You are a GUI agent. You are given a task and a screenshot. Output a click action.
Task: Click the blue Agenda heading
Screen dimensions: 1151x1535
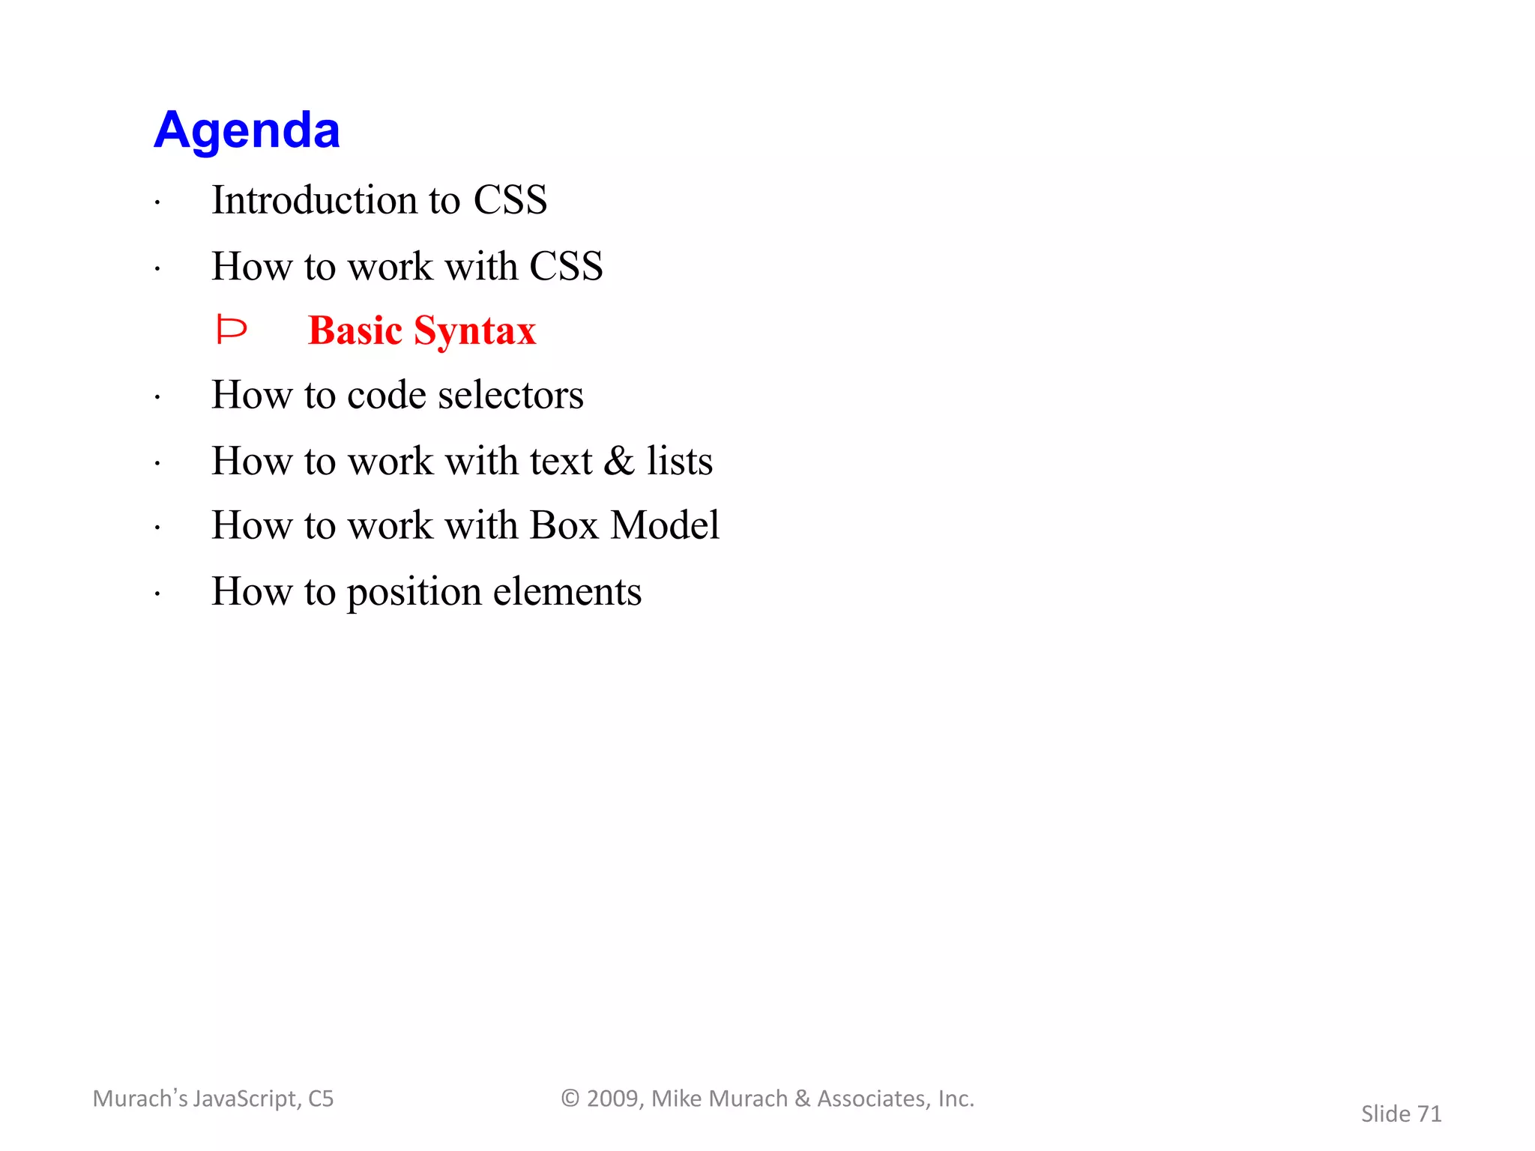(247, 130)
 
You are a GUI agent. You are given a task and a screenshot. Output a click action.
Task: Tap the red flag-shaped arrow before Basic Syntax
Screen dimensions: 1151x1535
(231, 330)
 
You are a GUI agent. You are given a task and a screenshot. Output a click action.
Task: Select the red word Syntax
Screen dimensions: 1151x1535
(474, 331)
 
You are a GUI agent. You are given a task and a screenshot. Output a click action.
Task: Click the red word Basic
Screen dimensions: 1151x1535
(355, 330)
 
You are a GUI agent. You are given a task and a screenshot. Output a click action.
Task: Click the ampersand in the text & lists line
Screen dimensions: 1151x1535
(619, 460)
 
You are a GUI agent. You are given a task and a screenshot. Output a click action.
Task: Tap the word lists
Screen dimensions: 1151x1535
(680, 460)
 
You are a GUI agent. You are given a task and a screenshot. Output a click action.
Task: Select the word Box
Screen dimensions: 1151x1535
(564, 525)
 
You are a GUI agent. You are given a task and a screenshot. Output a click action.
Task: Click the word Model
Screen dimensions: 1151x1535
(665, 525)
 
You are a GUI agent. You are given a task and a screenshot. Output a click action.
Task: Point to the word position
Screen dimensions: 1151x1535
(414, 592)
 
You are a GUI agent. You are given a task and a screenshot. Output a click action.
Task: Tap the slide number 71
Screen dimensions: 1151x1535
(1429, 1114)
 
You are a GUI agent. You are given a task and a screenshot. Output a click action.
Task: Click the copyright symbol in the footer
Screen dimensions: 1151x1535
(570, 1099)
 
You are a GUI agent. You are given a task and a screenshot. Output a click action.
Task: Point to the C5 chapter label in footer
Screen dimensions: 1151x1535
(321, 1099)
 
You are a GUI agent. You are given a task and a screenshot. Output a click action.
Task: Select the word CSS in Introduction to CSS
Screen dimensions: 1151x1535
(510, 200)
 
